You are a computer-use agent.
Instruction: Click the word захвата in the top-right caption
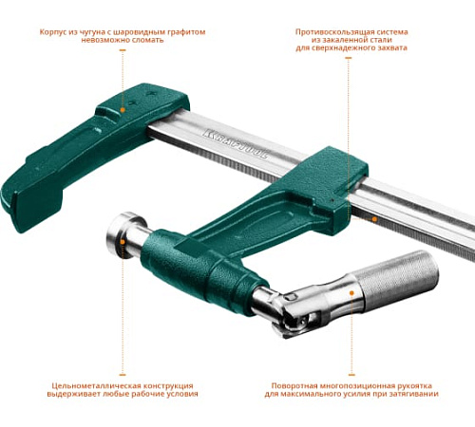tap(392, 48)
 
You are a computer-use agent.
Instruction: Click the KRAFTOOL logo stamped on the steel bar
tap(236, 143)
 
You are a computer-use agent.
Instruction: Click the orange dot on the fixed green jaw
tap(123, 110)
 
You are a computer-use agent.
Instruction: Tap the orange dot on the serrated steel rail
tap(374, 219)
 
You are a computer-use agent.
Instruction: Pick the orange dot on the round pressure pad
tap(123, 242)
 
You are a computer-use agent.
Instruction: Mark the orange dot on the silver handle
tap(351, 293)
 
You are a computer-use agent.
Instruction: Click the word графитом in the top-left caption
tap(189, 32)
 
